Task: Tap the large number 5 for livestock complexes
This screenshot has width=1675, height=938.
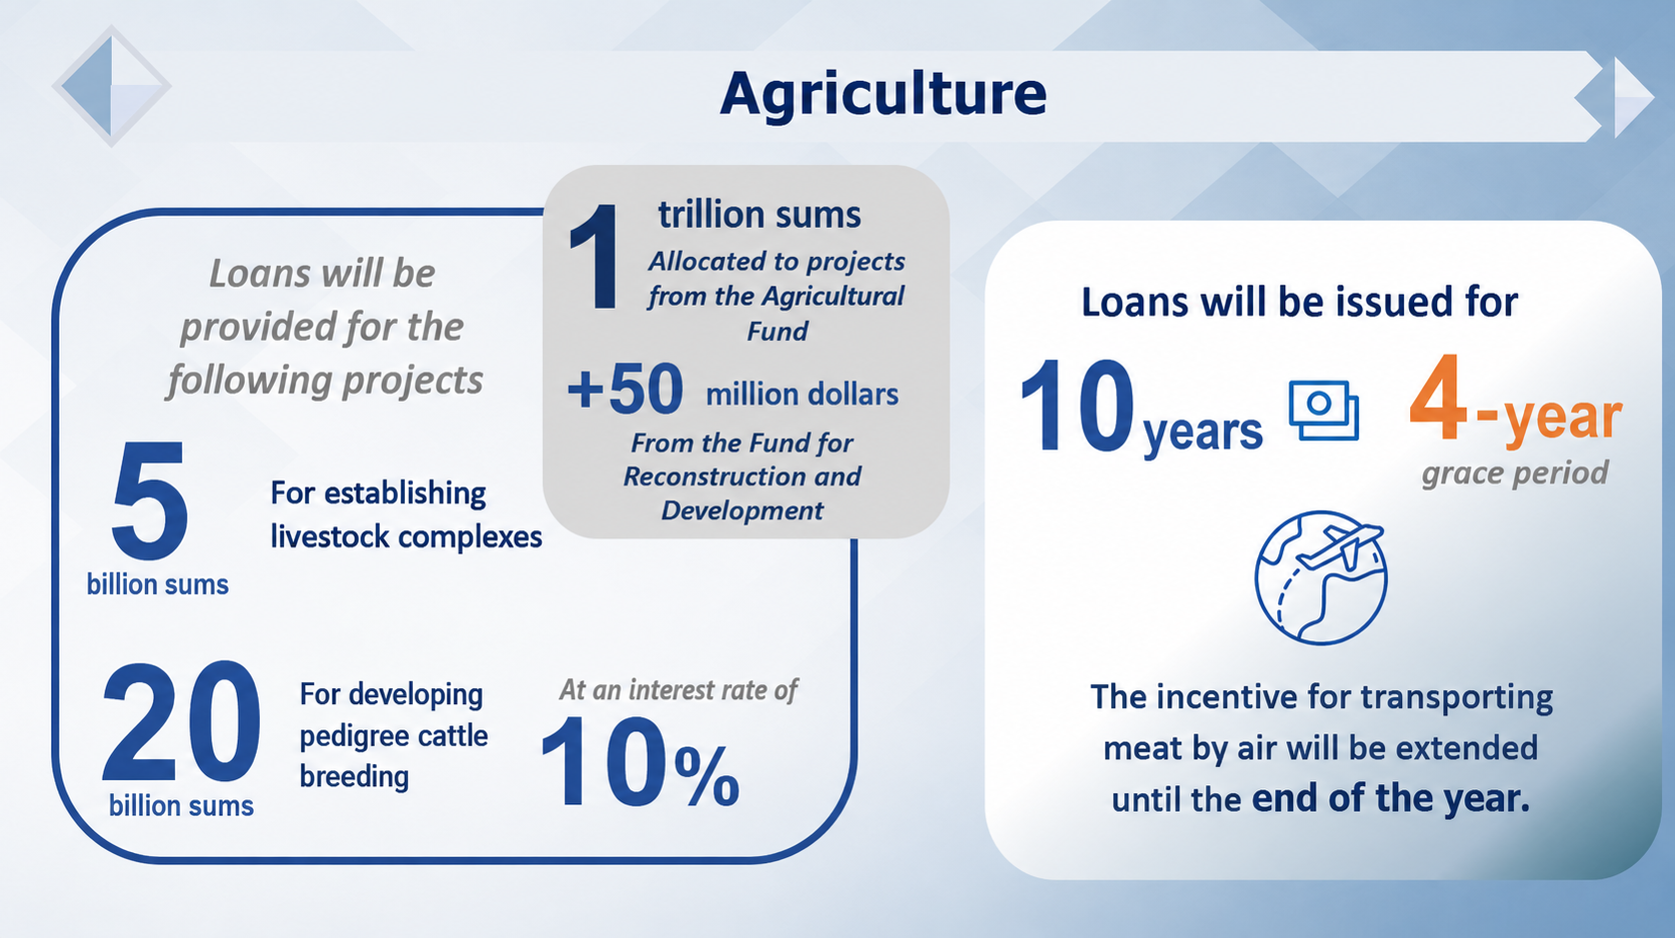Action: pyautogui.click(x=150, y=499)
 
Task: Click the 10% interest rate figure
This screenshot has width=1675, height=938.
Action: pyautogui.click(x=640, y=762)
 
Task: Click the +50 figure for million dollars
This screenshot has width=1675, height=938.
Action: pyautogui.click(x=626, y=389)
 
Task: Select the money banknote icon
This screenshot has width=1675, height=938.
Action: pyautogui.click(x=1323, y=411)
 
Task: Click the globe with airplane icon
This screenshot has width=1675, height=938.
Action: pyautogui.click(x=1320, y=577)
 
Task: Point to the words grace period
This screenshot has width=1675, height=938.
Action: pyautogui.click(x=1515, y=473)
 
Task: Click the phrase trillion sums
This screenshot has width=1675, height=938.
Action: pyautogui.click(x=759, y=215)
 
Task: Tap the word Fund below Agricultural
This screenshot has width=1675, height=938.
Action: pyautogui.click(x=778, y=331)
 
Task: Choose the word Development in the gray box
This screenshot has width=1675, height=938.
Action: pyautogui.click(x=742, y=510)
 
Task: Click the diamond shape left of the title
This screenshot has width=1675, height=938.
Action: pyautogui.click(x=111, y=86)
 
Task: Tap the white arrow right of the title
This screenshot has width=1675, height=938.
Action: pyautogui.click(x=1633, y=97)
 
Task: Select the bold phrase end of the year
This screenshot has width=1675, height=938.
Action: pyautogui.click(x=1391, y=798)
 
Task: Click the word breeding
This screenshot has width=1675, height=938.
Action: pyautogui.click(x=355, y=777)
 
